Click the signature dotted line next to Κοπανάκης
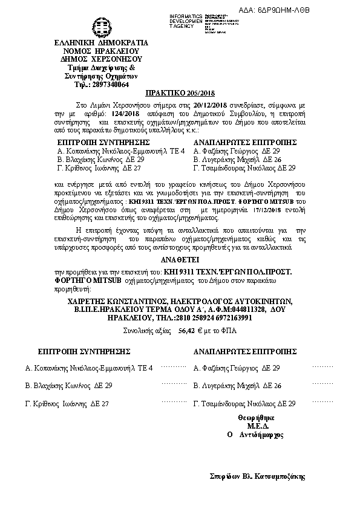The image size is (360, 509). [x=174, y=366]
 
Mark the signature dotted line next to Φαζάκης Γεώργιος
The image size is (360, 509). [x=321, y=366]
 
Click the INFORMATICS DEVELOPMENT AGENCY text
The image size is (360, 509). [x=186, y=21]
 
